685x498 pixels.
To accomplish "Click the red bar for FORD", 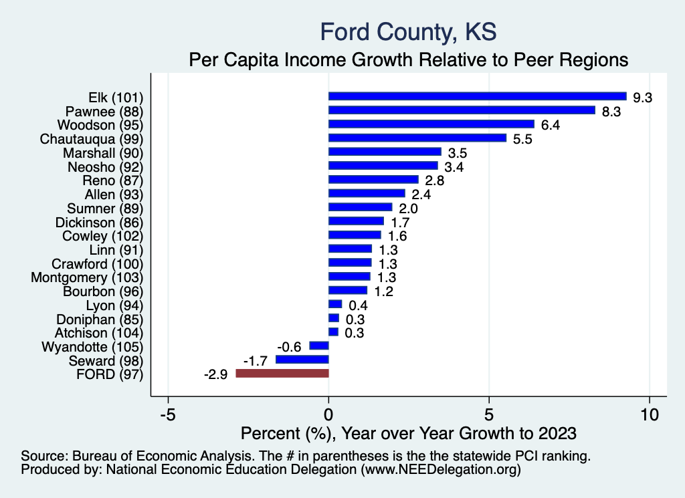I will [282, 374].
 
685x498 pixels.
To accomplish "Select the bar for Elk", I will [477, 96].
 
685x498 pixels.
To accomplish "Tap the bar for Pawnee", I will [462, 110].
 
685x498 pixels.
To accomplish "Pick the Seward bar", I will [302, 360].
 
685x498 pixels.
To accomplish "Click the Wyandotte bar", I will [319, 346].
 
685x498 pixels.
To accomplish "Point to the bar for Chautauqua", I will [417, 138].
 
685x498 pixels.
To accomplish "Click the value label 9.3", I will [642, 98].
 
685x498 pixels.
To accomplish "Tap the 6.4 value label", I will [551, 125].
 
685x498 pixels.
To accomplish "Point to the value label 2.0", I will [408, 209].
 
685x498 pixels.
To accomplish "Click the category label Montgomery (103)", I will [87, 277].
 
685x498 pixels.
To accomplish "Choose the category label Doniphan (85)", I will [100, 319].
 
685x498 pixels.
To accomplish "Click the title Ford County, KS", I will [408, 31].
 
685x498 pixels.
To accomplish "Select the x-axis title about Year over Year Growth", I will [408, 433].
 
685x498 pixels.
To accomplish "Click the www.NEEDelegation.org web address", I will [441, 470].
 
